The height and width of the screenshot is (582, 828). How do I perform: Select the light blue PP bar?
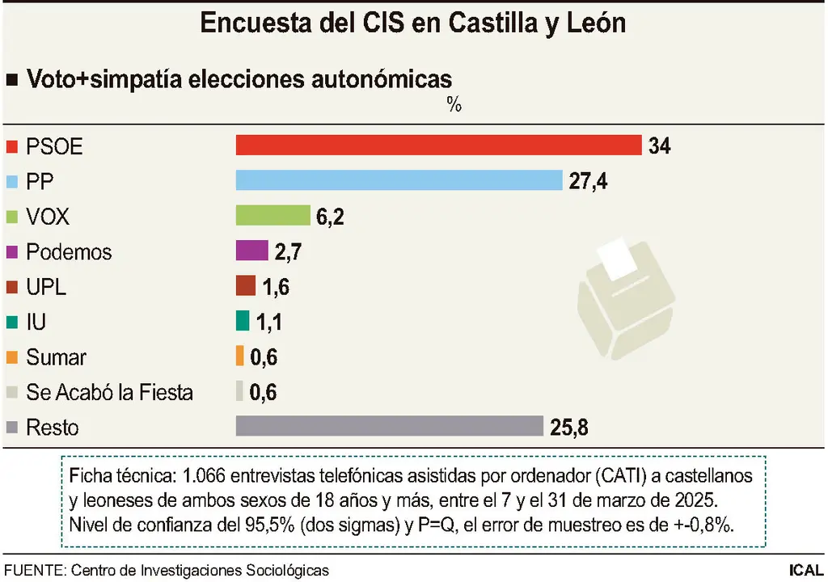tap(398, 180)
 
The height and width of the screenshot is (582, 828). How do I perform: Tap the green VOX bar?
tap(272, 216)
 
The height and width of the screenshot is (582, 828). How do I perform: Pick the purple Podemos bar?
tap(251, 251)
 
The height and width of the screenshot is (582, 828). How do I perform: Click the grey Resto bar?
tap(388, 426)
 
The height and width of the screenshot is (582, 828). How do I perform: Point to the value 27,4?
tap(588, 181)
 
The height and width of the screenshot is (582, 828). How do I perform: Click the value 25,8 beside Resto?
tap(568, 427)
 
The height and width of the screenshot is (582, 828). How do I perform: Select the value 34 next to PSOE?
tap(659, 146)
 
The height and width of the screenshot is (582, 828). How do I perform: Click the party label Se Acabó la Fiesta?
tap(109, 392)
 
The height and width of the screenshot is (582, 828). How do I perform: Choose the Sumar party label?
tap(56, 357)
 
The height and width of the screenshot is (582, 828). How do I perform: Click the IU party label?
tap(36, 322)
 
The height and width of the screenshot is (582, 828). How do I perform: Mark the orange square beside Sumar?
tap(11, 357)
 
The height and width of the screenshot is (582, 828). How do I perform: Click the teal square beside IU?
tap(11, 322)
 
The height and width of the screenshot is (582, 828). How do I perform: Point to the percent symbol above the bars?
tap(454, 105)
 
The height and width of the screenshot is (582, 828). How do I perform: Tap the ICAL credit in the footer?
tap(806, 570)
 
